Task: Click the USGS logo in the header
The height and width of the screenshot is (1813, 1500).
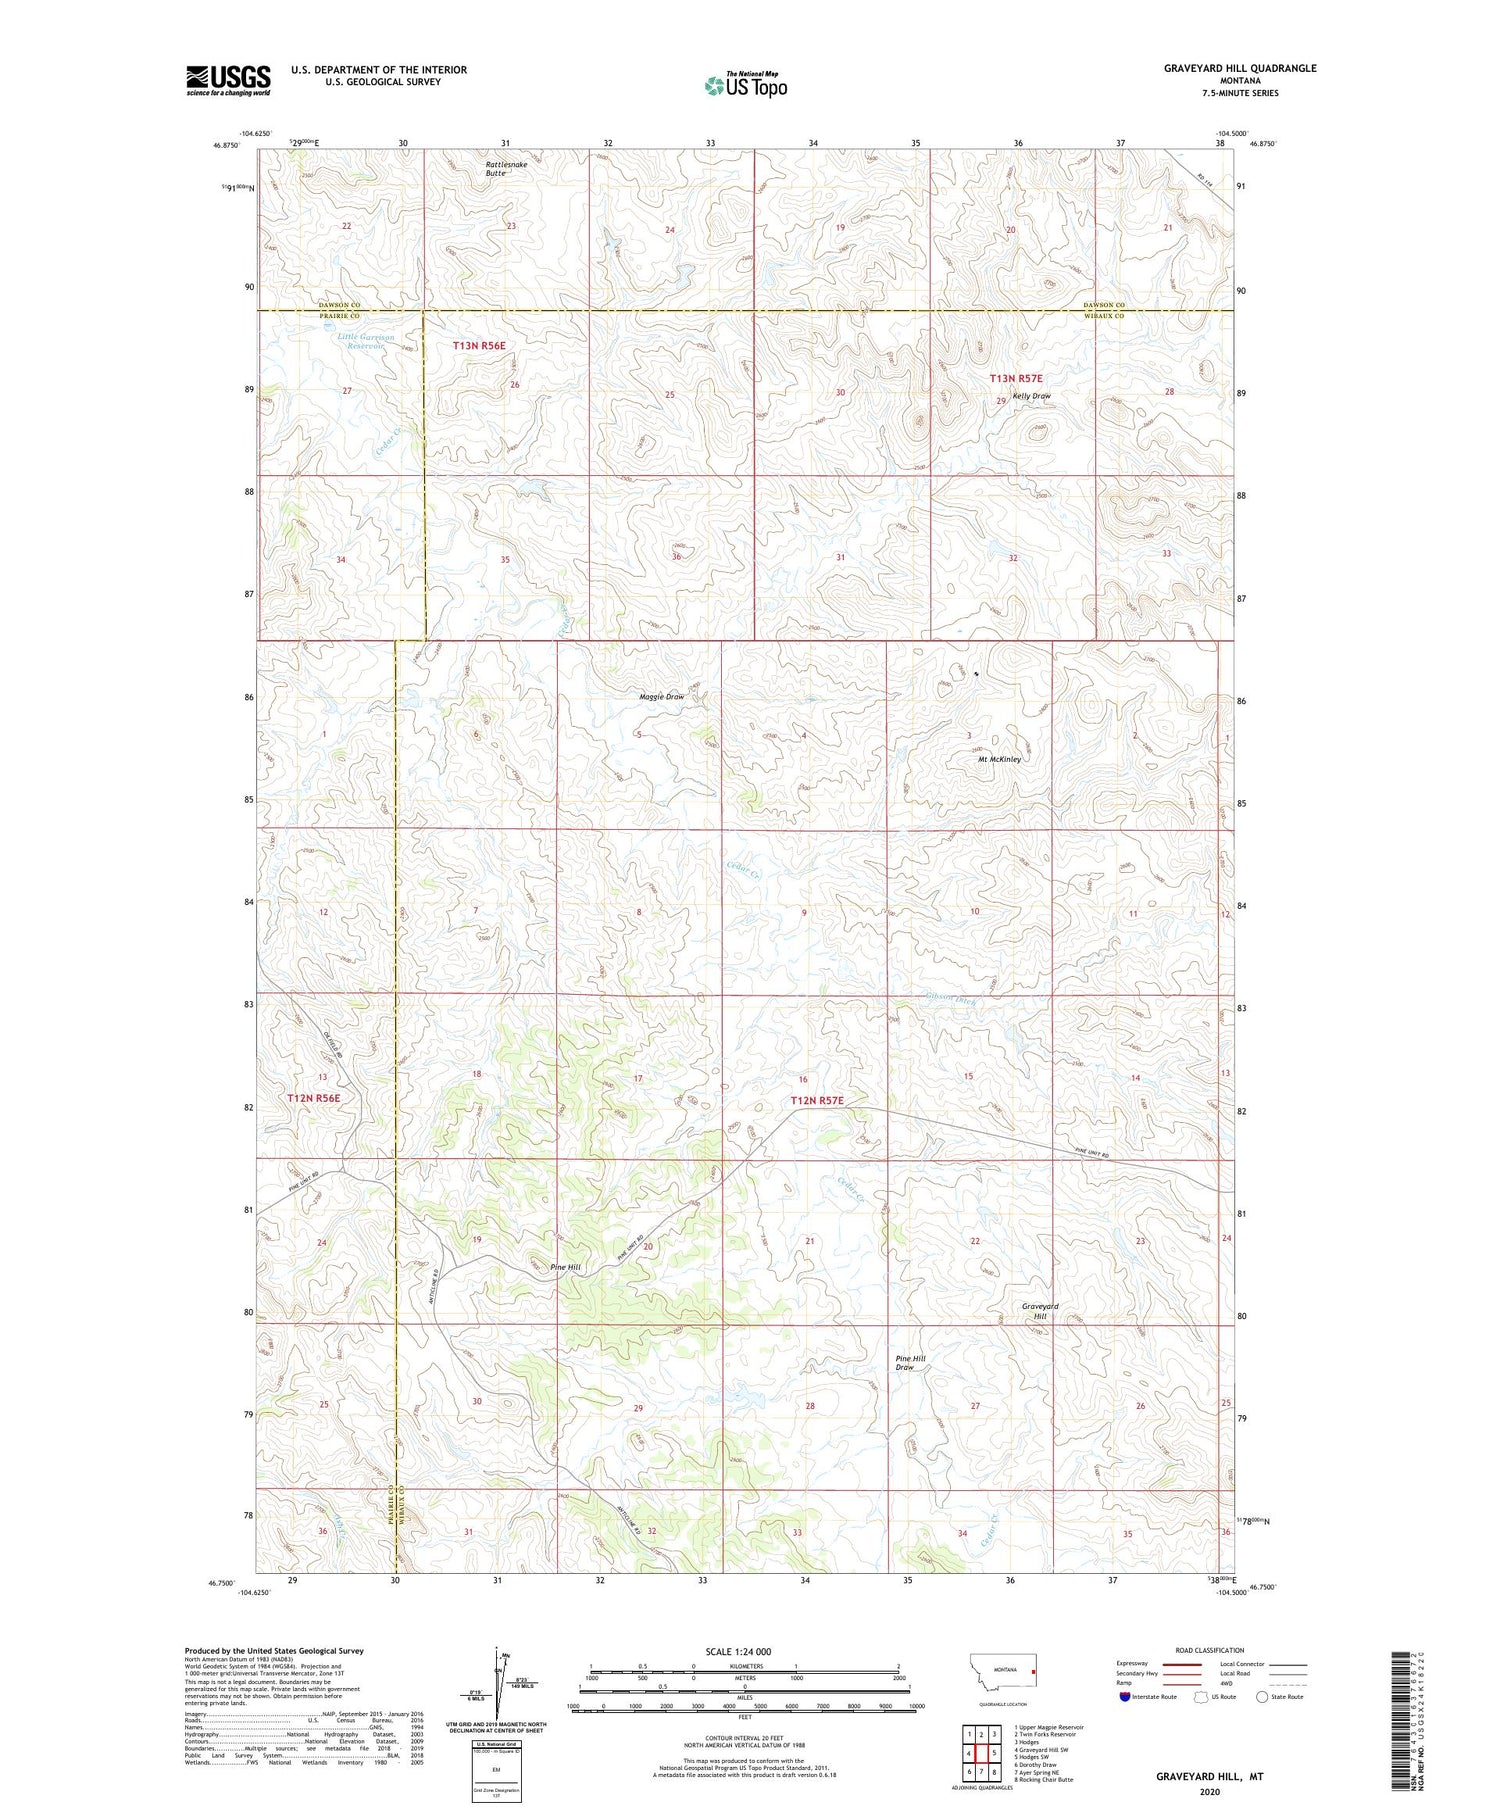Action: [228, 80]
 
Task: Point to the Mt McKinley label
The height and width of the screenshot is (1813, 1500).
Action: [999, 759]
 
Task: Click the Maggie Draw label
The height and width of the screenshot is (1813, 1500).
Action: [662, 697]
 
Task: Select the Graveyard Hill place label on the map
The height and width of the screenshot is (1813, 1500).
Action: [1040, 1311]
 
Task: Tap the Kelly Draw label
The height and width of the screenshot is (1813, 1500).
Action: [1031, 396]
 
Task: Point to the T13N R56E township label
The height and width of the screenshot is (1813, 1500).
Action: [479, 345]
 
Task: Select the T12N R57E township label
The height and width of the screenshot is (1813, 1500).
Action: [817, 1101]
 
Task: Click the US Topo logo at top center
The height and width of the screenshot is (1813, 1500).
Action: [745, 85]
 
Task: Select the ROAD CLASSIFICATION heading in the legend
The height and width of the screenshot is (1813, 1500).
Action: [1210, 1650]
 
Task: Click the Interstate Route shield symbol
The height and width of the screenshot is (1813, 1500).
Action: [1126, 1697]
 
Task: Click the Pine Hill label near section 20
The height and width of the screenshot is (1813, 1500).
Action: [565, 1267]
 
